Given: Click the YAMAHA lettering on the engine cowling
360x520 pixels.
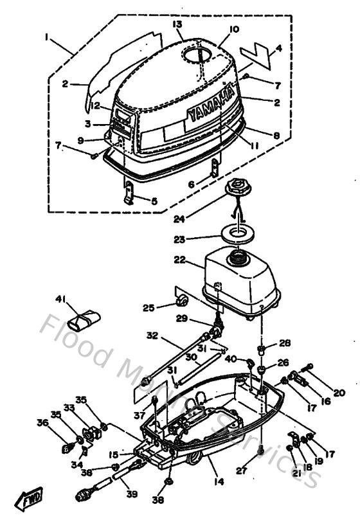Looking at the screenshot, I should (x=210, y=105).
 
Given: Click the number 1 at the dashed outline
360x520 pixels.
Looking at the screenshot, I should (x=46, y=37).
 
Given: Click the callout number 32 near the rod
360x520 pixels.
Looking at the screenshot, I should (x=151, y=336).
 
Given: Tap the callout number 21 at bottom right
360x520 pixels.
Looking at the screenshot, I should (x=296, y=474).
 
